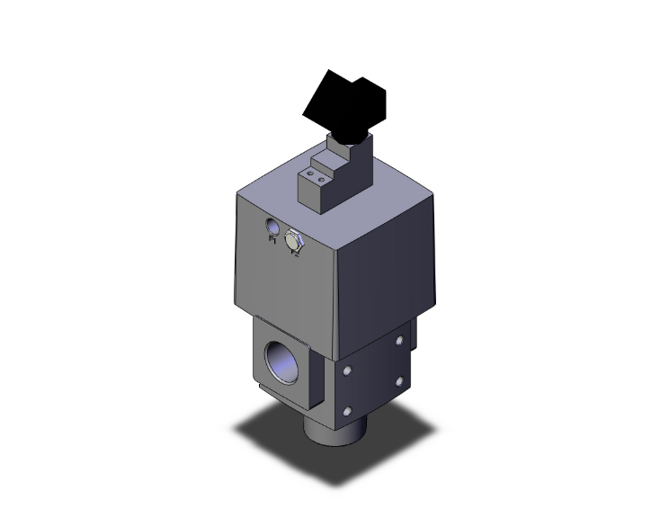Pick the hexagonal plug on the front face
293,240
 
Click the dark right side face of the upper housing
387,270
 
